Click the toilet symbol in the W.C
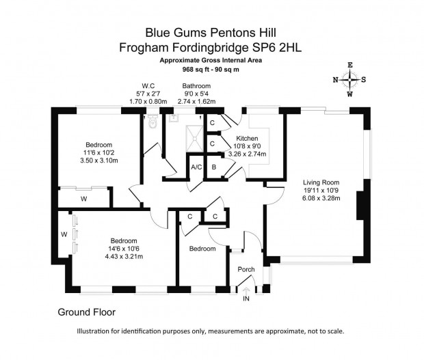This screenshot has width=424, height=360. [x=153, y=122]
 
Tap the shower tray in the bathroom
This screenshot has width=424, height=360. [x=194, y=139]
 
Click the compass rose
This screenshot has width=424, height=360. [x=349, y=79]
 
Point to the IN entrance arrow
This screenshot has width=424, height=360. [x=246, y=291]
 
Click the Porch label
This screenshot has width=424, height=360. [x=246, y=269]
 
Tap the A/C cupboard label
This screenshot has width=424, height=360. [x=196, y=167]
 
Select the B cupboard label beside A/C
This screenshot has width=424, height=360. [x=214, y=167]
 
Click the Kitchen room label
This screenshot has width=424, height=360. [x=247, y=139]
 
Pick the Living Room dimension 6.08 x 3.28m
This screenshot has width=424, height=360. [x=321, y=198]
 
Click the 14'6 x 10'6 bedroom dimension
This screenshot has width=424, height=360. [x=124, y=249]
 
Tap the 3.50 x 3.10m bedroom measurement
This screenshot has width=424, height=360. [x=99, y=161]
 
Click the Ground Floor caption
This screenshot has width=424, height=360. [x=87, y=312]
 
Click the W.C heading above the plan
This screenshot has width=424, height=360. [x=148, y=86]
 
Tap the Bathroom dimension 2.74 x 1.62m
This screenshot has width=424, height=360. [x=196, y=102]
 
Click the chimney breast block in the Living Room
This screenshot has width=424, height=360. [x=360, y=206]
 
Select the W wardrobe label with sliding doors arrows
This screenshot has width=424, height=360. [x=64, y=234]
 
